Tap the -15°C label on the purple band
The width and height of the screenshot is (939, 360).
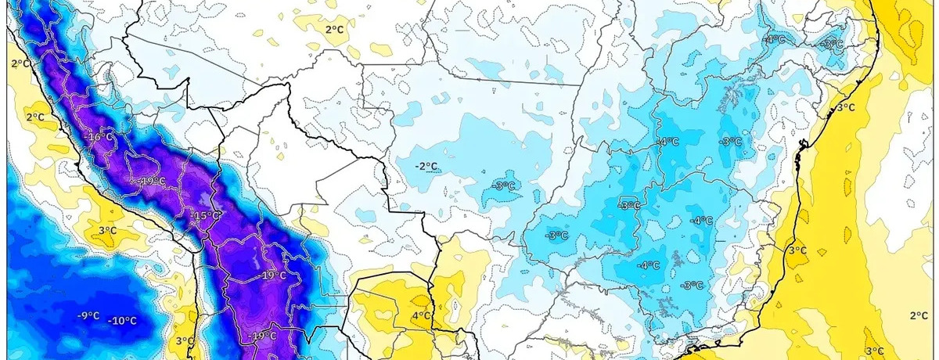pos(209,216)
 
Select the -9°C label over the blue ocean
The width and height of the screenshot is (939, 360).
pos(88,315)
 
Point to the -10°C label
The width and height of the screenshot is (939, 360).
pos(123,320)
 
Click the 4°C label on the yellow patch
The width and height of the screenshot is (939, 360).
pos(421,316)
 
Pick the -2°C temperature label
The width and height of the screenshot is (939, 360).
pos(426,166)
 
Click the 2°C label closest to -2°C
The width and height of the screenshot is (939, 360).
pos(334,29)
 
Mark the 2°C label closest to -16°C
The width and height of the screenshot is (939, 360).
pos(35,117)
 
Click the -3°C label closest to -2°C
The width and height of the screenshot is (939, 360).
pos(505,185)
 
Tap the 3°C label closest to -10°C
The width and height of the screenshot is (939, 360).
pos(184,340)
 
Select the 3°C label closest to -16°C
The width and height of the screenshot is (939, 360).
pos(108,231)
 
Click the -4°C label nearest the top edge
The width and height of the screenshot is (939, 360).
pos(775,39)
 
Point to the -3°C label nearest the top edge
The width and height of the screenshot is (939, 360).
pos(833,44)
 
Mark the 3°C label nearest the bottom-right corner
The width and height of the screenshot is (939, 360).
pos(874,351)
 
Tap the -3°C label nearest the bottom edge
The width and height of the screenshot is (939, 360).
pos(692,285)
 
